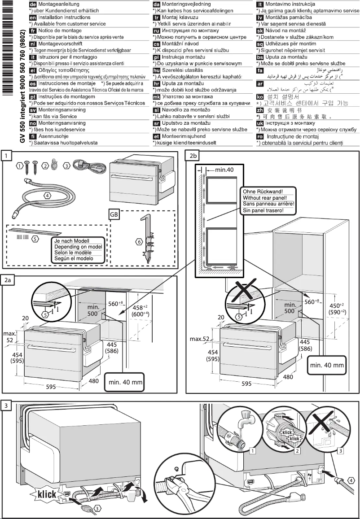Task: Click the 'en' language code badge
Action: point(33,17)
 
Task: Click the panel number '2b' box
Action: point(193,155)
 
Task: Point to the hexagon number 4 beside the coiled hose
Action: point(47,195)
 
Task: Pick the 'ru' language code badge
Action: point(157,31)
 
